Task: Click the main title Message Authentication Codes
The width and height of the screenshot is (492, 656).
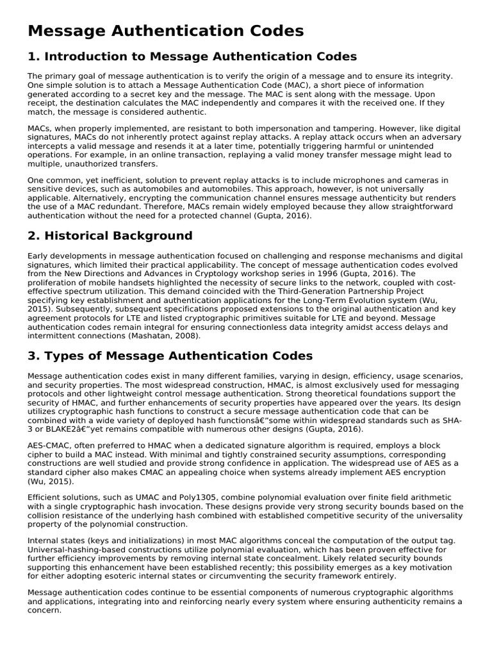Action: [165, 31]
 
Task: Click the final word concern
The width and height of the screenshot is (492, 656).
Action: [44, 611]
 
